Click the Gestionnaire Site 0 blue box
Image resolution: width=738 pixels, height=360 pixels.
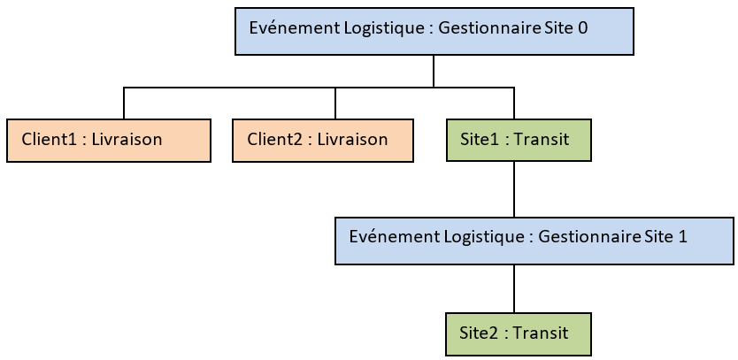434,32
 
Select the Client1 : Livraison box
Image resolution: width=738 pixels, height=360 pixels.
109,140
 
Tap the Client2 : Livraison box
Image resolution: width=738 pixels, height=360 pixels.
323,140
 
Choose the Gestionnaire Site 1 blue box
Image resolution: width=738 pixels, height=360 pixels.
534,241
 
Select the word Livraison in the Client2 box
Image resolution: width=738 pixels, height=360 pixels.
352,140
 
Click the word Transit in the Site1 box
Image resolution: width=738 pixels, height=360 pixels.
541,140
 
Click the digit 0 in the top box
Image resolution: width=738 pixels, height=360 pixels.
582,28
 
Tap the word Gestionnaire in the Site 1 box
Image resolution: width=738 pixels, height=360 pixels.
588,237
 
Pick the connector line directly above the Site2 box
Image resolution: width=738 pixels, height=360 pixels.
514,288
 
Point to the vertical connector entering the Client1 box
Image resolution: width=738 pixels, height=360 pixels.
124,103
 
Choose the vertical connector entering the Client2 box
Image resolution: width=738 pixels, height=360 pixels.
335,103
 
